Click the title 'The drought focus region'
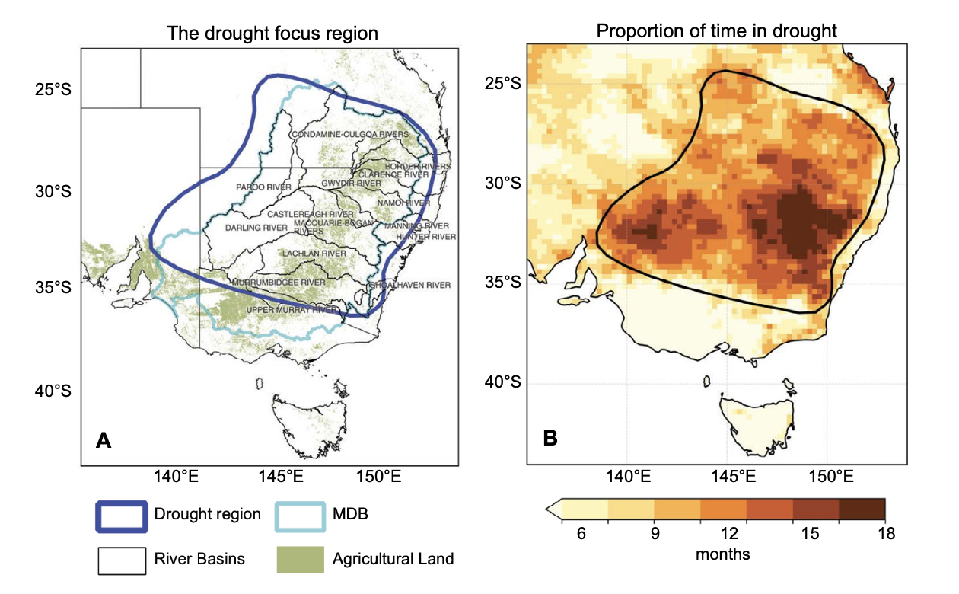273,34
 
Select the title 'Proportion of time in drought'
717,31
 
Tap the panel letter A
104,439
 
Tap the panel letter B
550,438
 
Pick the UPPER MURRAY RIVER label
292,310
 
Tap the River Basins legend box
121,559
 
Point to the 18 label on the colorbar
885,534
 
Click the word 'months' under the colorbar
722,554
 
